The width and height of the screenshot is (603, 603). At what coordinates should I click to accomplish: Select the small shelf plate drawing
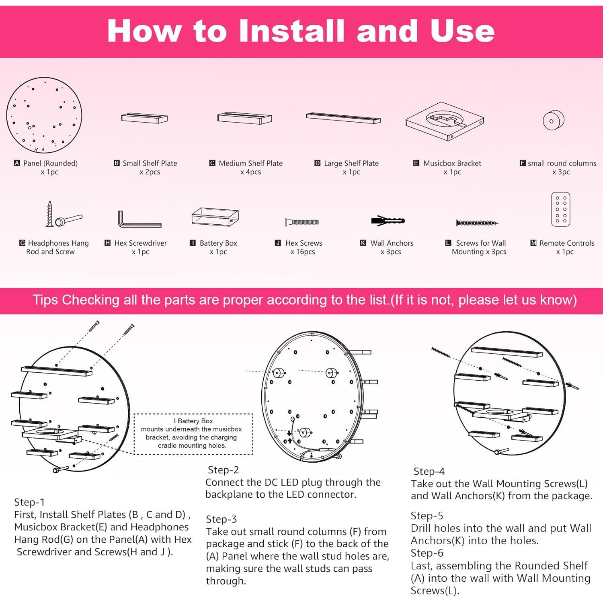[x=144, y=118]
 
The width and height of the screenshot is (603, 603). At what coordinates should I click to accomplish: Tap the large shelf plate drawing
[x=343, y=118]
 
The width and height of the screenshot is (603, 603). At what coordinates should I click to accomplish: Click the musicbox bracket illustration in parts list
[x=445, y=121]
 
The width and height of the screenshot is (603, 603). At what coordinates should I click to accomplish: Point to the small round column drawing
[x=554, y=120]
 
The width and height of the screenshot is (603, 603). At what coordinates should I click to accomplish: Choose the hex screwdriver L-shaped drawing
[x=139, y=219]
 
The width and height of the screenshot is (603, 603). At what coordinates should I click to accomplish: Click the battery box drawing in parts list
[x=215, y=217]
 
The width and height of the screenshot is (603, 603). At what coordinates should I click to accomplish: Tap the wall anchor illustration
[x=388, y=221]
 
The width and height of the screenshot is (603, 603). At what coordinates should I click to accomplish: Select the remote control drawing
[x=561, y=209]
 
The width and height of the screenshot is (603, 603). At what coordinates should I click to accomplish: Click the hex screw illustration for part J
[x=302, y=222]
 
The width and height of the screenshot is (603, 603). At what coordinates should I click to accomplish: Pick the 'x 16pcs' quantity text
[x=303, y=252]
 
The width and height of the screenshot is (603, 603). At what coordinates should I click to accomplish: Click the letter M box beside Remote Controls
[x=533, y=243]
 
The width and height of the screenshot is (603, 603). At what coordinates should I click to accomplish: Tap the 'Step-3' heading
[x=222, y=519]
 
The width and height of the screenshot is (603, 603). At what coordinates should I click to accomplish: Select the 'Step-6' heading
[x=427, y=553]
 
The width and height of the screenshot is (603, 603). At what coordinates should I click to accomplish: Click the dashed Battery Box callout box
[x=193, y=434]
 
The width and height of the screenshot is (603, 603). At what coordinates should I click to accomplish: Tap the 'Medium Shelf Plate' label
[x=251, y=163]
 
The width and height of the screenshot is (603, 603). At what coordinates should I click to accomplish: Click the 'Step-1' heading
[x=29, y=502]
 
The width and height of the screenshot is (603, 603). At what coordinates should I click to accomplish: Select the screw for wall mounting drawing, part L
[x=477, y=223]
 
